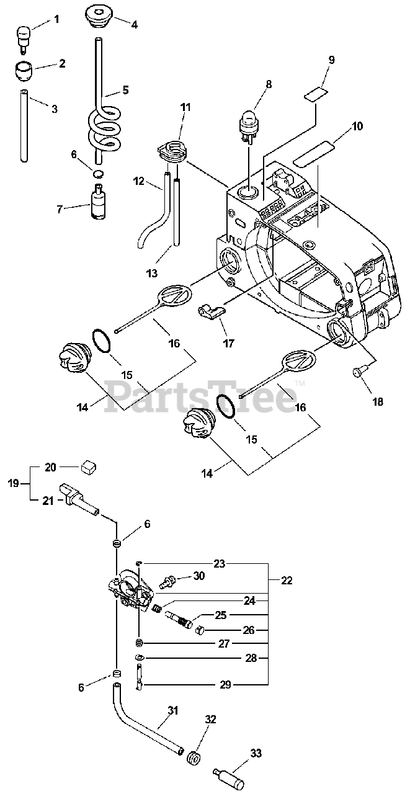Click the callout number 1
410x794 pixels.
56,19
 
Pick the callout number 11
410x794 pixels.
185,108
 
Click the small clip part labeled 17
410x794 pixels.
209,310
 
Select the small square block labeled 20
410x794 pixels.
89,466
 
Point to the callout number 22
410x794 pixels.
287,581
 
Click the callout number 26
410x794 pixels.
249,630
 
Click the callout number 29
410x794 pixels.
225,685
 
